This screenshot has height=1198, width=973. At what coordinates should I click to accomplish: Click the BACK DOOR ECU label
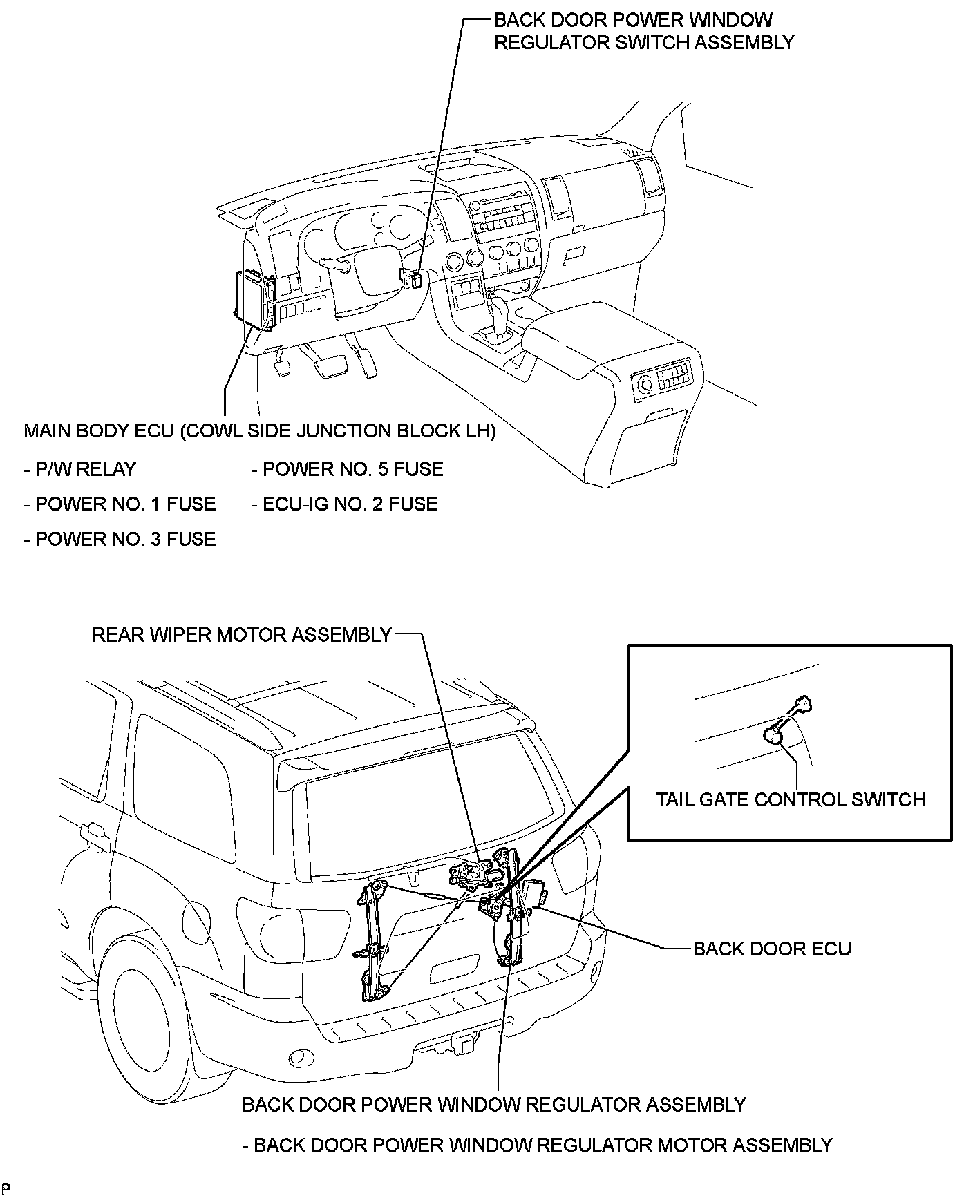coord(771,949)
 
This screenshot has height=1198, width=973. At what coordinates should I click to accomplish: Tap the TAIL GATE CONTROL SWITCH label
coord(790,799)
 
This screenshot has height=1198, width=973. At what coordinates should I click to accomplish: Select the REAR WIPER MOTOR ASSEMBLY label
coord(242,635)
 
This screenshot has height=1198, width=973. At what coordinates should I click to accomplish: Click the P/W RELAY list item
coord(80,469)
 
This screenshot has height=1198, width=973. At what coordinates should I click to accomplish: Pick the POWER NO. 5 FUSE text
coord(347,469)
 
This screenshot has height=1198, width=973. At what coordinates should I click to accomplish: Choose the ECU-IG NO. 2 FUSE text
coord(344,504)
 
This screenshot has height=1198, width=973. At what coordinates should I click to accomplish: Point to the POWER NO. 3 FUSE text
coord(120,539)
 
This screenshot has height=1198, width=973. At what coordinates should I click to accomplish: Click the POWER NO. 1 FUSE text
coord(120,504)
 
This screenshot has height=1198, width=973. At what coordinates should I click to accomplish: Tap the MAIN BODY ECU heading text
coord(259,431)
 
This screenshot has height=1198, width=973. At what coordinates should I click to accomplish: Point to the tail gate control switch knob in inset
coord(773,736)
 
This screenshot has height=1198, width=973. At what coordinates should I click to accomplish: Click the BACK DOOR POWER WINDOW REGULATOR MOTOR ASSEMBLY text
coord(537,1145)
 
